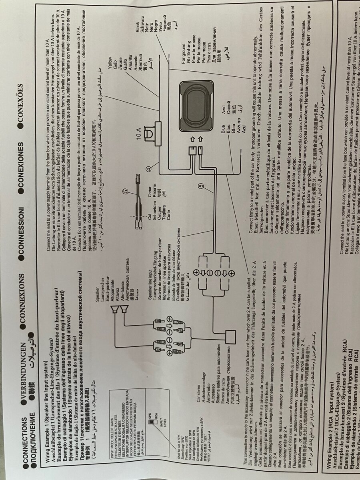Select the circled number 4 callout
click(149, 169)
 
